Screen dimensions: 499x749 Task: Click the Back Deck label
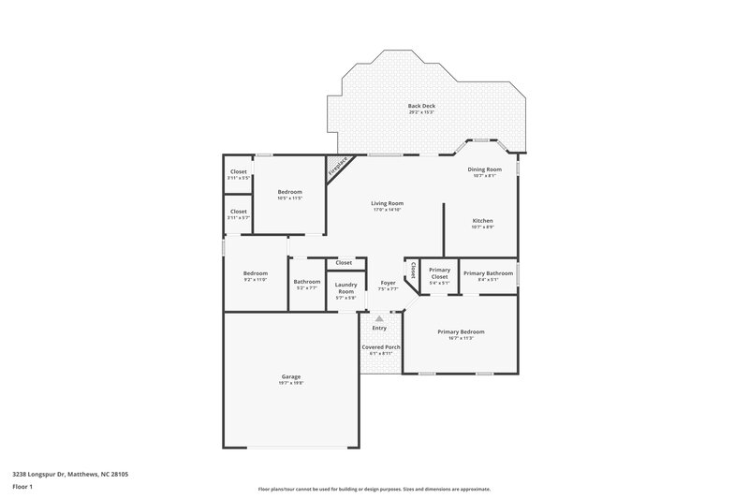click(421, 106)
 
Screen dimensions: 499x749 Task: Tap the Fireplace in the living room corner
click(337, 168)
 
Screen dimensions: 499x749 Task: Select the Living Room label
click(387, 202)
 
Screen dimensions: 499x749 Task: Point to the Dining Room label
click(484, 169)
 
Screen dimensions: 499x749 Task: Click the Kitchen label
click(482, 221)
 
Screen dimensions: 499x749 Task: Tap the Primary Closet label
click(439, 274)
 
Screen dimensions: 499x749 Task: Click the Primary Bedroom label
click(461, 331)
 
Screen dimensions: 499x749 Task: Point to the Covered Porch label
click(381, 346)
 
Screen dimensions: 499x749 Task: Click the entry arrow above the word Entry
click(379, 319)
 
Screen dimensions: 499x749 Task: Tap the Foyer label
click(388, 282)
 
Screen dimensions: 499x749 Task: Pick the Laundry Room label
click(345, 287)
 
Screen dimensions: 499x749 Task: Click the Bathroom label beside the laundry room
click(307, 282)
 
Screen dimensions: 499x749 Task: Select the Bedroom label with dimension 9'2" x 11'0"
click(256, 273)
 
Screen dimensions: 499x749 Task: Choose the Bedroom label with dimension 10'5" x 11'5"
click(289, 192)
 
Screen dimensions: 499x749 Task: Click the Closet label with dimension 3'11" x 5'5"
click(239, 172)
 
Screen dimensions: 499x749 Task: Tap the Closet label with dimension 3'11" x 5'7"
click(239, 212)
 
